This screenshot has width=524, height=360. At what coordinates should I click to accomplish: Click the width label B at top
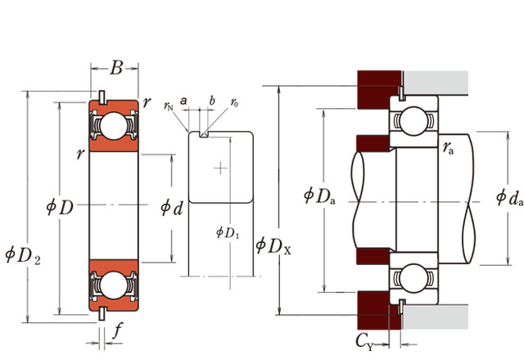pos(115,69)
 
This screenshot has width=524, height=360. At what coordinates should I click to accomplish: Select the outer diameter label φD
pos(60,207)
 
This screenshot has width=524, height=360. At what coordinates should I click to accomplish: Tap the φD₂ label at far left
pos(22,256)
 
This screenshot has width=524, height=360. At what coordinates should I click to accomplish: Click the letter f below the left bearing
pos(118,331)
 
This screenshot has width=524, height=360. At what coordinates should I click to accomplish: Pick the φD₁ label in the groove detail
pos(227,233)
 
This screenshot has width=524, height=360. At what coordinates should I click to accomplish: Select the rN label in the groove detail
pos(169,106)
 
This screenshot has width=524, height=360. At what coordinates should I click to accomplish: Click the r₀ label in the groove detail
pos(234,103)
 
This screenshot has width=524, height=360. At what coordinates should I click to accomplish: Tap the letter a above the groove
pos(184,100)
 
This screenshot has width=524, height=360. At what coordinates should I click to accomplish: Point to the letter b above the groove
pos(211,100)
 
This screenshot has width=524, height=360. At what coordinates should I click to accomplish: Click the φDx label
pos(272,244)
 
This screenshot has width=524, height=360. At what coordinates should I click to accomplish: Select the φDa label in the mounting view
pos(319,196)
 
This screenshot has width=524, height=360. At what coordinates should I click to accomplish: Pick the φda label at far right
pos(509,196)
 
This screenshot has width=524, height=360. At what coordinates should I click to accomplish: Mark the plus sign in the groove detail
pos(219,169)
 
